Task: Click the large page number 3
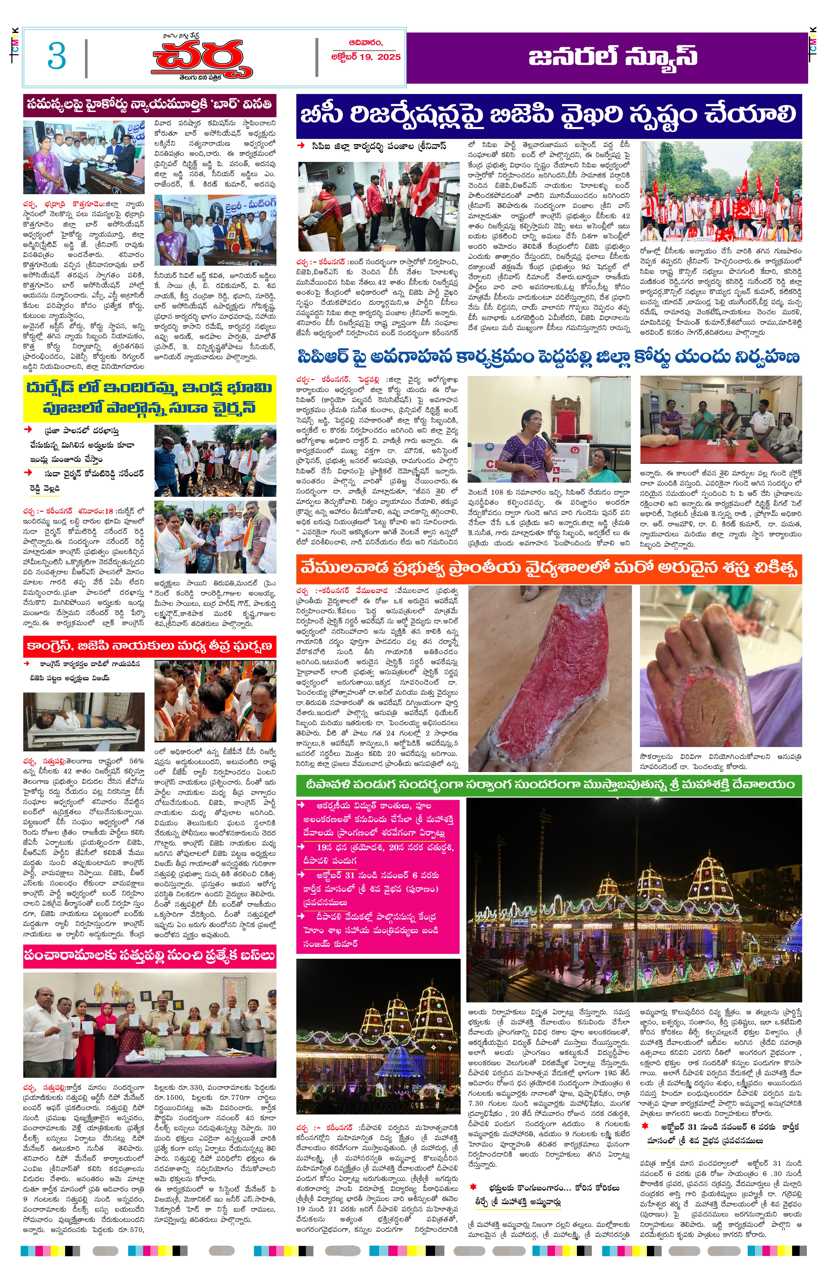click(57, 56)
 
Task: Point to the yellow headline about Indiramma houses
click(149, 398)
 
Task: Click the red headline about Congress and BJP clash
click(149, 646)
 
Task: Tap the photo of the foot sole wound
click(721, 665)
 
